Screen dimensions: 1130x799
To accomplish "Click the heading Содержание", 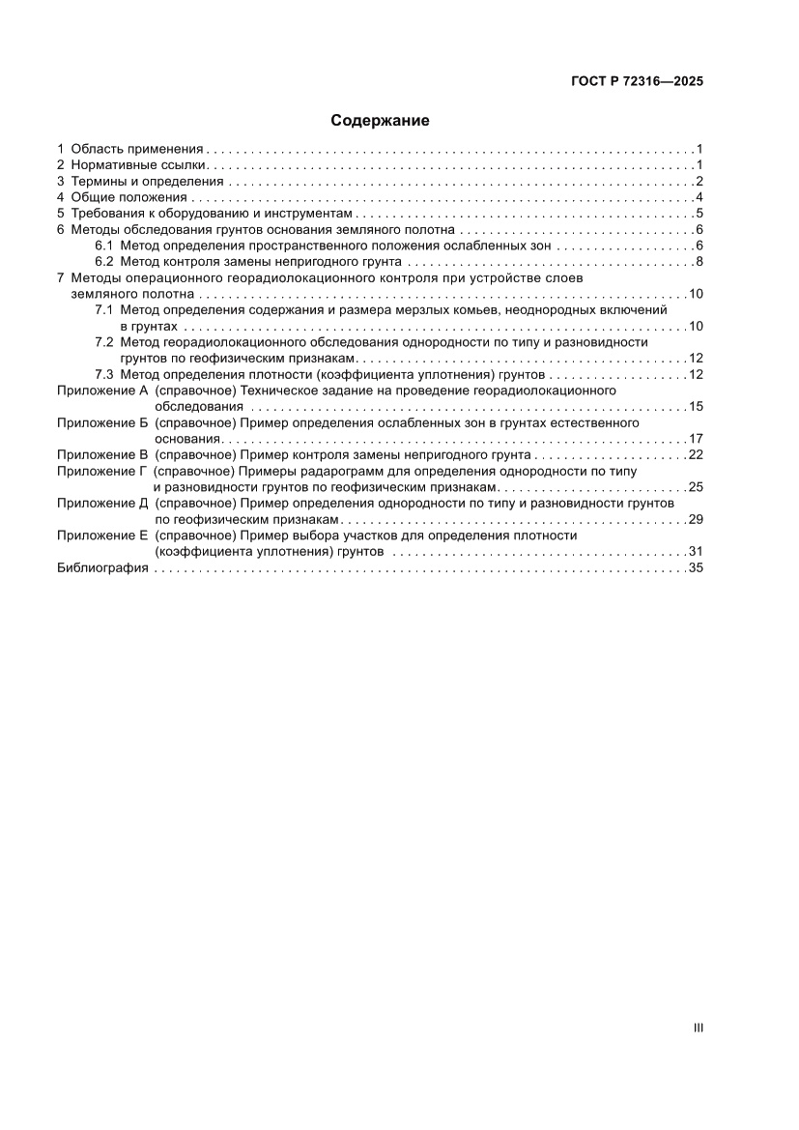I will [x=380, y=121].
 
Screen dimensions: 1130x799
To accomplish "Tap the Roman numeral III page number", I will [x=698, y=1029].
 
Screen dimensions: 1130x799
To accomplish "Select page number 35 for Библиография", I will [x=696, y=568].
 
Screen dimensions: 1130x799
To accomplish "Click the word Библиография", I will [x=101, y=568].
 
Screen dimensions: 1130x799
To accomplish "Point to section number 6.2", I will [x=104, y=262].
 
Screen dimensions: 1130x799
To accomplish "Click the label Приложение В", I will [x=101, y=454].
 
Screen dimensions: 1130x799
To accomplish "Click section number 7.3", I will [x=104, y=374].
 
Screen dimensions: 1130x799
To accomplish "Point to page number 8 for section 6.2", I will [x=699, y=262].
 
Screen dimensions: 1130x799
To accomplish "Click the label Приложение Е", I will [x=101, y=536].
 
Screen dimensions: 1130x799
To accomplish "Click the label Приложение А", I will [x=101, y=390].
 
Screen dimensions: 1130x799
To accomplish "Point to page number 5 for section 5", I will [x=699, y=214].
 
